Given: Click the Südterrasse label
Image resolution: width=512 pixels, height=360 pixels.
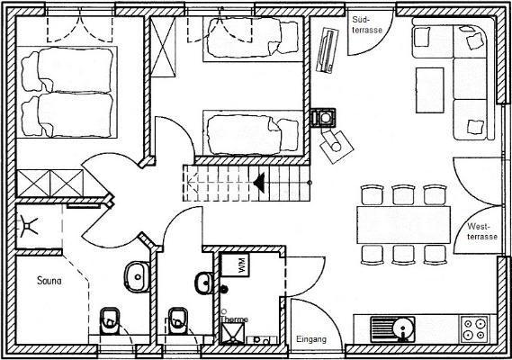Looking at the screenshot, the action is pos(367,25).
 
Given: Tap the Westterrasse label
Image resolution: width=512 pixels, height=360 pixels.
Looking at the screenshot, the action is pos(482,231).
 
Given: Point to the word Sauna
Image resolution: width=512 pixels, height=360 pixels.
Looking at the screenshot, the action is pos(49,280).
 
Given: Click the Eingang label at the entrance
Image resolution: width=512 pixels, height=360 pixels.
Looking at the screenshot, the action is pos(311,339).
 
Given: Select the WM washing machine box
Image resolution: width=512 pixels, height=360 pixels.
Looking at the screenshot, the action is pos(235,265).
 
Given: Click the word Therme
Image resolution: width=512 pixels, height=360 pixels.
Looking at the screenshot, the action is pos(234,319).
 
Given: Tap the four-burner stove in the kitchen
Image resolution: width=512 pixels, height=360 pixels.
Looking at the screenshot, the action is pos(474,329).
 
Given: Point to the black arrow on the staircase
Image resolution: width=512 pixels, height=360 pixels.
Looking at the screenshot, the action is pos(259,183).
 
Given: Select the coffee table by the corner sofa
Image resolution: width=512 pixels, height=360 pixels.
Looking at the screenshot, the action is pos(430,91).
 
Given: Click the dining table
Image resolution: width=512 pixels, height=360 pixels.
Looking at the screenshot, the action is pos(404,225).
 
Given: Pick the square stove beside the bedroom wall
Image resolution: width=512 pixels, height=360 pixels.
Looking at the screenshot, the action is pos(323,118).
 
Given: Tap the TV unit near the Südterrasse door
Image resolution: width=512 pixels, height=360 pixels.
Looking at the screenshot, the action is pos(328,50).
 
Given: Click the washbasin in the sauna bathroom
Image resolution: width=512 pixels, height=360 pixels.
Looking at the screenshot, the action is pos(137,277).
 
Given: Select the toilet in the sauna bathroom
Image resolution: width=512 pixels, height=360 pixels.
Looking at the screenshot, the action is pos(110,321).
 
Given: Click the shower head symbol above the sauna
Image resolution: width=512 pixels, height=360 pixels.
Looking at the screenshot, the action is pos(28,225).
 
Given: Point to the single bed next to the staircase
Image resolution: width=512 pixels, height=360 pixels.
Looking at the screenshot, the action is pos(253,133).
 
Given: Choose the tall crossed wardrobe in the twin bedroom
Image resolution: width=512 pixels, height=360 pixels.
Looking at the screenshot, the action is pos(163,47).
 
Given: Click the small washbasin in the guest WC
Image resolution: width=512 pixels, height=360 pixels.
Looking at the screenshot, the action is pos(204,283).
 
